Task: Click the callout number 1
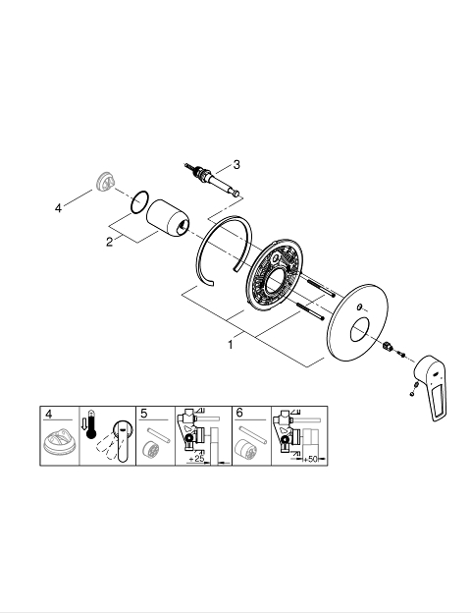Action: (x=231, y=345)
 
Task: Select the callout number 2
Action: (x=109, y=242)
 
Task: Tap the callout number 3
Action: (x=236, y=165)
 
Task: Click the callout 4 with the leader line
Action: (x=58, y=208)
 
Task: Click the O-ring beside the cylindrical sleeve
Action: (x=139, y=202)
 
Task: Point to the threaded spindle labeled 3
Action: (x=213, y=179)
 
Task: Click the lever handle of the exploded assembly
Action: (x=431, y=388)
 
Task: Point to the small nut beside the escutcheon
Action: (x=387, y=346)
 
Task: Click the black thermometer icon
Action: (x=91, y=424)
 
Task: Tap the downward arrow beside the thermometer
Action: (x=83, y=422)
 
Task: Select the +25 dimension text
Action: (x=196, y=458)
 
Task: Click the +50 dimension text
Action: (x=310, y=459)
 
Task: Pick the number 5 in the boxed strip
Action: (x=144, y=414)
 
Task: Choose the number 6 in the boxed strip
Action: (x=239, y=413)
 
